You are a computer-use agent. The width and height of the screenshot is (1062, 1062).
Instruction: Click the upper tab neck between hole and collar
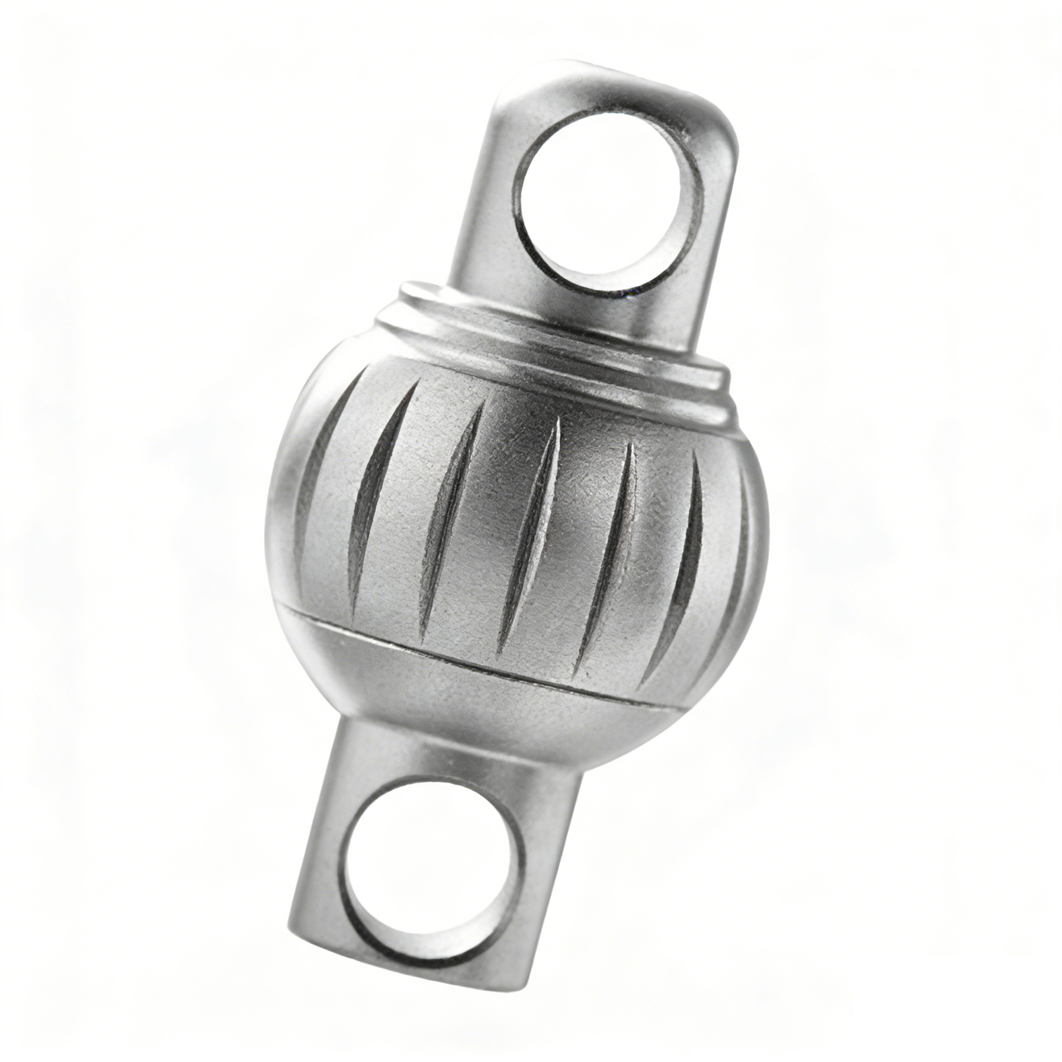(584, 312)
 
